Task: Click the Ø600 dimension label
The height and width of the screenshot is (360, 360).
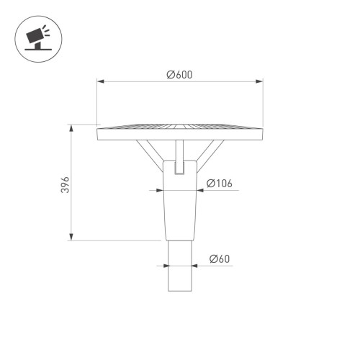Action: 179,75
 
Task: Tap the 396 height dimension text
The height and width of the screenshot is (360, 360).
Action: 64,184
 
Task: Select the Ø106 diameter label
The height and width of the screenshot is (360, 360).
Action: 218,183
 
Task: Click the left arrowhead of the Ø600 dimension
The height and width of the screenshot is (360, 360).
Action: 101,82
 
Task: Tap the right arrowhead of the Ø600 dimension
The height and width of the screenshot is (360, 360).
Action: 258,82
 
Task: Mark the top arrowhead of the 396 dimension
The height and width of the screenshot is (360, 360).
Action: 71,130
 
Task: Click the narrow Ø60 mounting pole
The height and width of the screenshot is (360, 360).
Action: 179,266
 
